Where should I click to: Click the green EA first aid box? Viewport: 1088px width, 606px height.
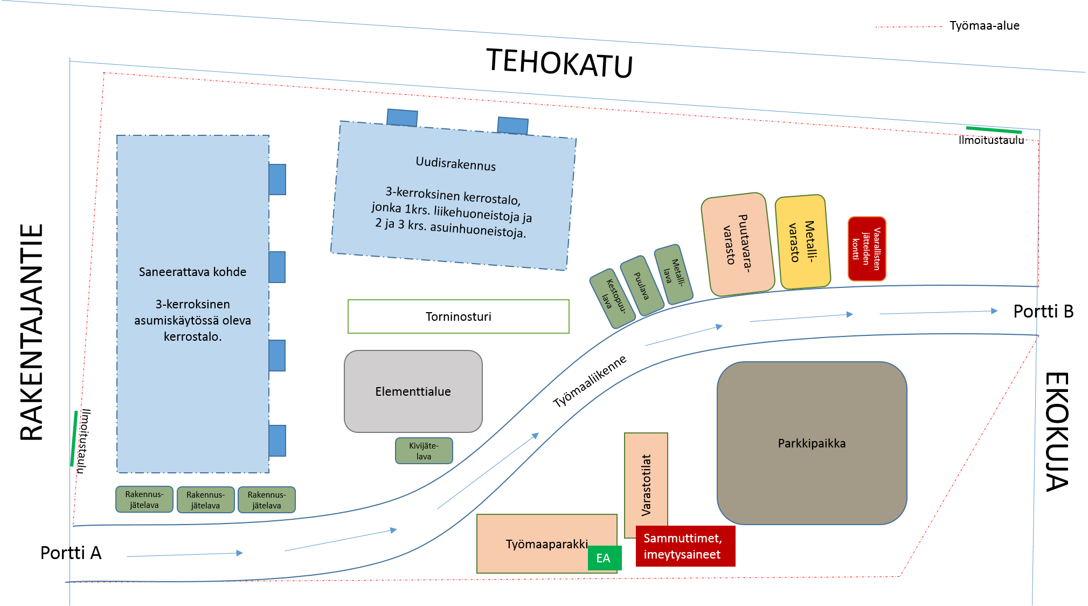604,558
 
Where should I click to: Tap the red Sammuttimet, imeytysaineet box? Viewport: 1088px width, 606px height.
685,546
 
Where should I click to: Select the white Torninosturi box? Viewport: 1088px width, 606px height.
458,316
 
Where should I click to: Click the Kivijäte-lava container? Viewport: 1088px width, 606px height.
424,451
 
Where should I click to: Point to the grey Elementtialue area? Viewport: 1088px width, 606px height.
413,391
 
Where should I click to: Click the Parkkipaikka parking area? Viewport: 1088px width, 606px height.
812,443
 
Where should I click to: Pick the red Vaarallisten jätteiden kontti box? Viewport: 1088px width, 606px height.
867,249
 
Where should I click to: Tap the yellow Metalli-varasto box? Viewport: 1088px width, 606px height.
802,242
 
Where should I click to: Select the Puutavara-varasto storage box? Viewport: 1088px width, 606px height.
738,244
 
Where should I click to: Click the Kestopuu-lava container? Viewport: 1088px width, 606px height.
613,298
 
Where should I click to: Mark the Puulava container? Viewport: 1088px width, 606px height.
641,285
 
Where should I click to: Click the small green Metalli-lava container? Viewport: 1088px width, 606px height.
674,274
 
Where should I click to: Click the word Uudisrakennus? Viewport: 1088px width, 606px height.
455,163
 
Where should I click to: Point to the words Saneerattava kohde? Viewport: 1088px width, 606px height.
192,272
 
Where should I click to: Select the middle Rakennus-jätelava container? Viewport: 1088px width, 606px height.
205,500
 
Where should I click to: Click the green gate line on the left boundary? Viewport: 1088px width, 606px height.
74,438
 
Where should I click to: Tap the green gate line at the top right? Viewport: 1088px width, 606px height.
994,130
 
